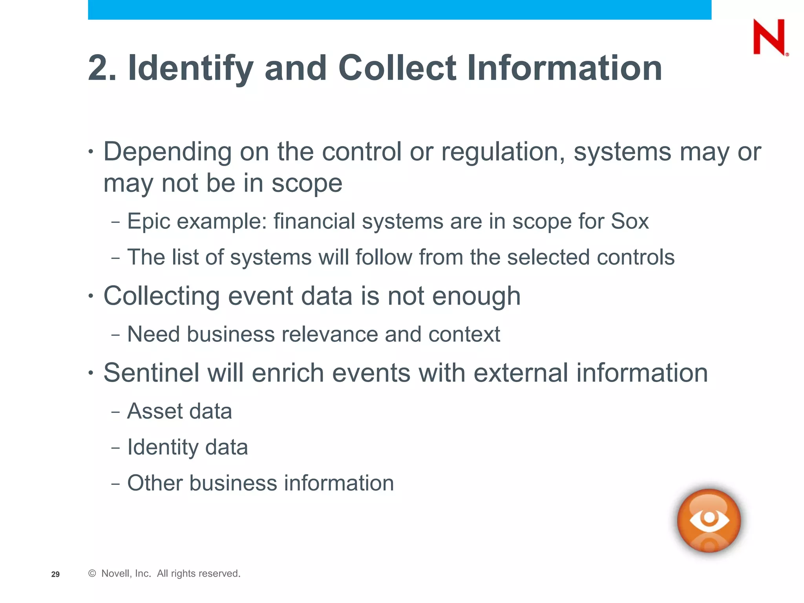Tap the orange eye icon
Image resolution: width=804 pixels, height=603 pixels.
click(x=709, y=520)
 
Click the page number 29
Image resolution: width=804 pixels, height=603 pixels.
click(x=55, y=574)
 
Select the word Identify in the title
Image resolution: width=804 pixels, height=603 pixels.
click(x=191, y=68)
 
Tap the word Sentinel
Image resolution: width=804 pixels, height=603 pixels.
click(x=152, y=373)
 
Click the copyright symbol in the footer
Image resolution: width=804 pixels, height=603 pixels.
click(x=92, y=574)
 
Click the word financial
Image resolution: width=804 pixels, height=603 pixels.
click(x=314, y=221)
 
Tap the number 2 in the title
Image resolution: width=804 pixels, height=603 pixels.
click(x=98, y=68)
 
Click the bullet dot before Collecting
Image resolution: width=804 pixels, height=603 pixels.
click(x=91, y=296)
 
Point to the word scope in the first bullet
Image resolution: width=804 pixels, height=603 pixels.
click(x=307, y=183)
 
